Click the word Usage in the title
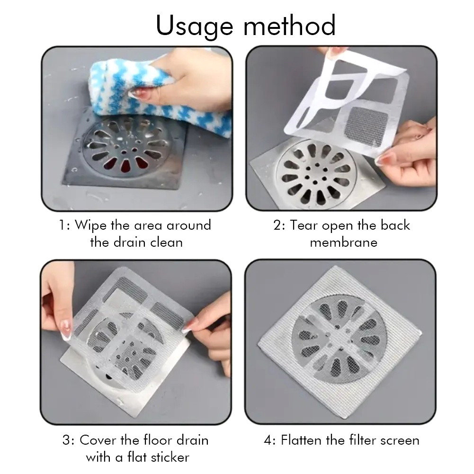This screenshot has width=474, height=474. (194, 27)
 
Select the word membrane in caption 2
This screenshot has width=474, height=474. (344, 242)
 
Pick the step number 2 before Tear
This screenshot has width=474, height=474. (277, 225)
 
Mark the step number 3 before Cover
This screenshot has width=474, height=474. (66, 440)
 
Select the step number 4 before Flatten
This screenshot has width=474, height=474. (268, 440)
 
